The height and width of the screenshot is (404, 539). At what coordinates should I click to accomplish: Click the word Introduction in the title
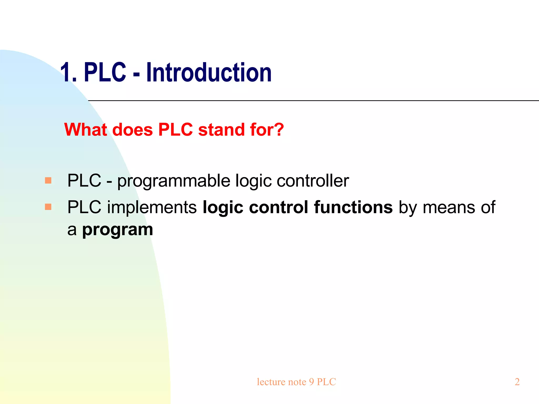(209, 73)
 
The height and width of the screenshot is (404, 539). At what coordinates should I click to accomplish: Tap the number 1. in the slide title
(68, 73)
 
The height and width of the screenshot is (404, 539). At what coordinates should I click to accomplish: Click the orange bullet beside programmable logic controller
(48, 180)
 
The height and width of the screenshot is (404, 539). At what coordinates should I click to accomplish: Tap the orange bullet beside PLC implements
(48, 207)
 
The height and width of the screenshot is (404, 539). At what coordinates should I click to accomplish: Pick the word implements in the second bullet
(152, 208)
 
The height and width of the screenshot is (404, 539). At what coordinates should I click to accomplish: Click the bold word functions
(353, 207)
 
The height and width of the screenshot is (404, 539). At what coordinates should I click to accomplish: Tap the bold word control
(278, 207)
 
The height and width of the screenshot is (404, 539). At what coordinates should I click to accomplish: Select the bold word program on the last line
(117, 230)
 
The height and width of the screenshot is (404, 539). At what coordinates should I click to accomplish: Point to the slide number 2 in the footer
(517, 382)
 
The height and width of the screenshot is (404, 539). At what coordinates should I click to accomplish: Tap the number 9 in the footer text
(311, 382)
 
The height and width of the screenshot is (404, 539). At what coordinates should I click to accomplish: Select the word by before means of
(408, 208)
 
